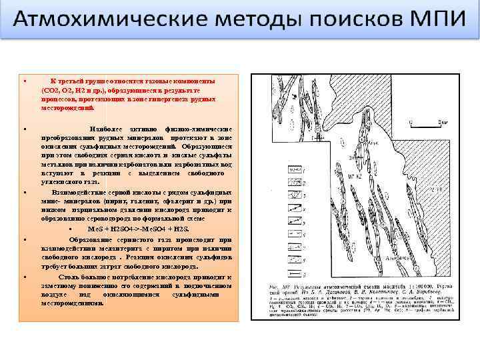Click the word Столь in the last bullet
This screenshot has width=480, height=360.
tap(69, 276)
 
